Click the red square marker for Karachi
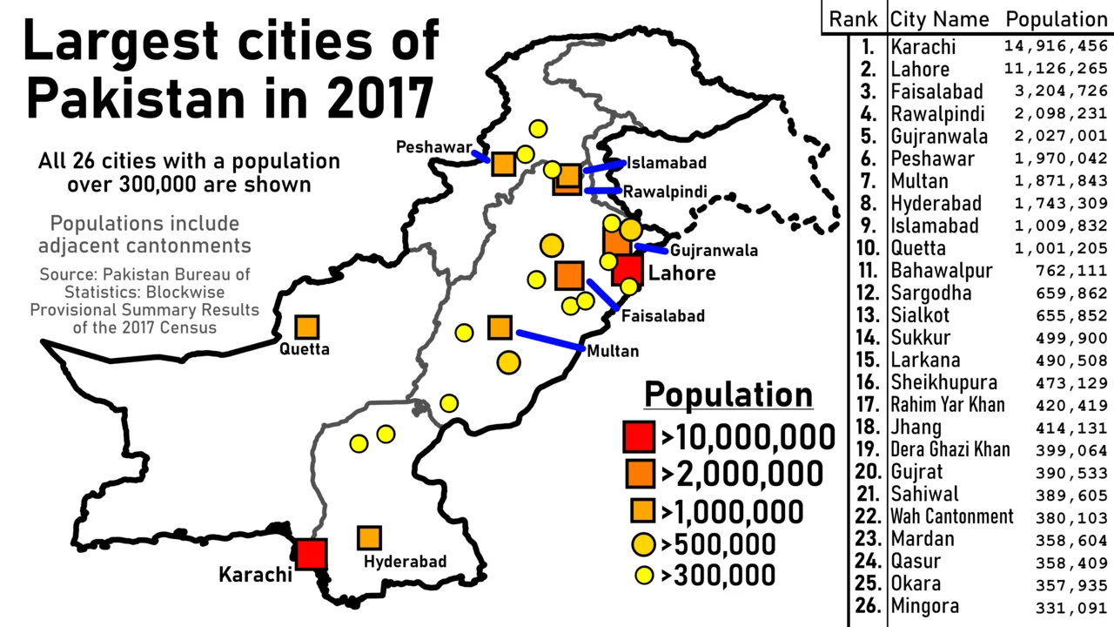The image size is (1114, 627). point(310,554)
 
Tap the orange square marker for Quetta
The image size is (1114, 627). point(306,327)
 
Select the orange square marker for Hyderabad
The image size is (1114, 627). point(369,538)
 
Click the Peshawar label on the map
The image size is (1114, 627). point(433,147)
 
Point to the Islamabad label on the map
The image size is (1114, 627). point(667,163)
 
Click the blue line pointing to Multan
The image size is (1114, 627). point(549,340)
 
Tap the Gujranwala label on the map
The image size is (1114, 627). point(714,251)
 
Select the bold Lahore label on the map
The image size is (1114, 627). point(681,273)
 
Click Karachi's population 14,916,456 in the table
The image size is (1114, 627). point(1056,46)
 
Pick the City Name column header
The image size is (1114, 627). point(939,19)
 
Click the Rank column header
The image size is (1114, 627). point(853,19)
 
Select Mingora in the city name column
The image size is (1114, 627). point(924,606)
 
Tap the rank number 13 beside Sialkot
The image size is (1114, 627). point(866,315)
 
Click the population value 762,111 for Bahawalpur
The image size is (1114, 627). point(1071,270)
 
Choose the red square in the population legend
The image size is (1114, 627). point(639,435)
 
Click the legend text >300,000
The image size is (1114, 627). point(718,575)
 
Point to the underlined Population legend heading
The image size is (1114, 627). point(728,394)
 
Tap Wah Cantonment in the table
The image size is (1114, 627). point(951,516)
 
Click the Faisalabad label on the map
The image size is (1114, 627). point(662,316)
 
